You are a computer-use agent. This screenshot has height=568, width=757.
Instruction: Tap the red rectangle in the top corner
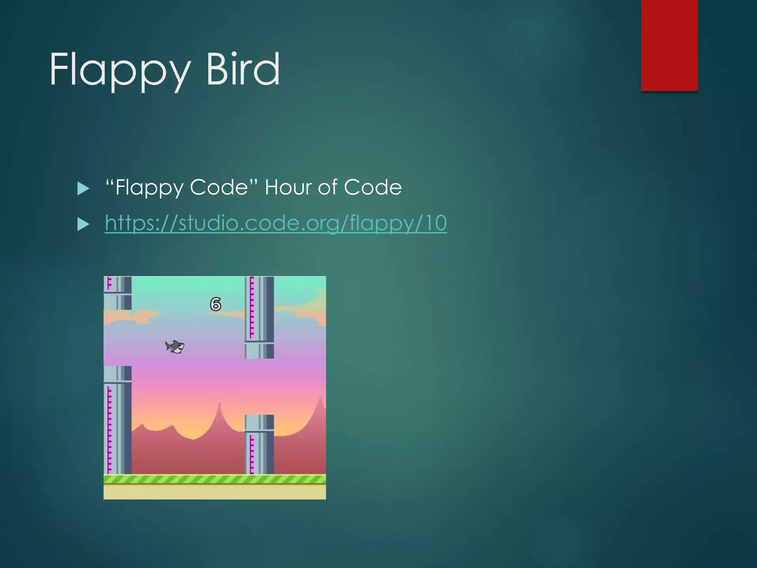(x=669, y=45)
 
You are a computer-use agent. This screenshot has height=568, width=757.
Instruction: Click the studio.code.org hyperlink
(x=275, y=223)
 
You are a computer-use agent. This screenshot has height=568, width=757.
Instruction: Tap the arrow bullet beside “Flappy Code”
(x=84, y=189)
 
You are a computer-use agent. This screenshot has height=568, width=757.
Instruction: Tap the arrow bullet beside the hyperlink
(x=84, y=224)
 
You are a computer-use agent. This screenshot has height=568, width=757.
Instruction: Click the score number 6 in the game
(x=215, y=304)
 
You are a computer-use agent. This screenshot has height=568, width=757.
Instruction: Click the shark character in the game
(x=175, y=347)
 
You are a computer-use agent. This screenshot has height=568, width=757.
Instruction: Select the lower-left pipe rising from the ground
(x=118, y=420)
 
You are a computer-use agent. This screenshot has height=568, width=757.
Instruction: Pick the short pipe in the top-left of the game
(x=118, y=293)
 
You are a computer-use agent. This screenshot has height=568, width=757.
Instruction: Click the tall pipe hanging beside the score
(x=259, y=317)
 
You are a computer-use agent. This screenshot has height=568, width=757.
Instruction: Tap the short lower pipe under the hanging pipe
(x=259, y=444)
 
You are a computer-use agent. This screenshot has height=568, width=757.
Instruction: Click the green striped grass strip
(x=214, y=479)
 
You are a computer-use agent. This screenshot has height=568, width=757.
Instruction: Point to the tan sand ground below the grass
(x=214, y=492)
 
